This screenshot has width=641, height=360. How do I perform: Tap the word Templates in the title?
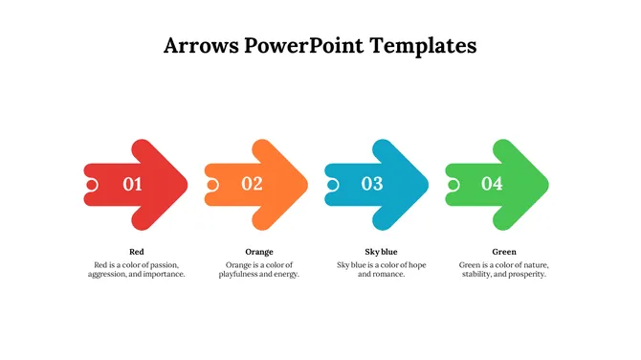point(429,46)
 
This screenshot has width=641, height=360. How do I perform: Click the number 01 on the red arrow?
point(132,185)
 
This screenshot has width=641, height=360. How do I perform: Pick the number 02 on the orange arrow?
point(252,184)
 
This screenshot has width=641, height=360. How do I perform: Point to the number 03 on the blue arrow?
point(371,184)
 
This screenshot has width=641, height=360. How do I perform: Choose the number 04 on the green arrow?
point(492,184)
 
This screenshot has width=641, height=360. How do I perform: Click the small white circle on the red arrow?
point(91,185)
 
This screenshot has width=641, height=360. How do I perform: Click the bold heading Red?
point(137,252)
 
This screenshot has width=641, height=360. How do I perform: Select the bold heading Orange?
point(259,252)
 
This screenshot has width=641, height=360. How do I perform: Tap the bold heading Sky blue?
point(381,252)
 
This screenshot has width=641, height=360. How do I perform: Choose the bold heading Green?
point(503,252)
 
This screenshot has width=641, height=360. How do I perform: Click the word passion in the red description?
point(163,264)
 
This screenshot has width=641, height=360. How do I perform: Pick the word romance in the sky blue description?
point(387,274)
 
